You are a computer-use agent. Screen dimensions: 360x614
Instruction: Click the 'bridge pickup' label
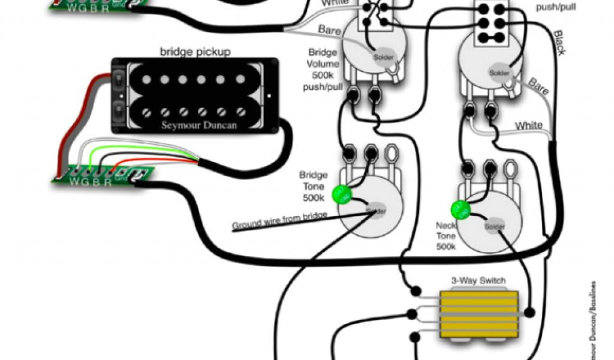(195, 52)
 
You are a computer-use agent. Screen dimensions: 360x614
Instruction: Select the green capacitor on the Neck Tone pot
(459, 209)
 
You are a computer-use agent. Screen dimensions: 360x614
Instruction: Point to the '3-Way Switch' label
(478, 280)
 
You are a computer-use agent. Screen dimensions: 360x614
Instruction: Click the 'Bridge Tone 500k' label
(314, 186)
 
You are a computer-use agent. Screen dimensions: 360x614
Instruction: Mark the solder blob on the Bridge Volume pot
(383, 58)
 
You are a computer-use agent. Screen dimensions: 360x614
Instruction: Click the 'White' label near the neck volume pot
(528, 125)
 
